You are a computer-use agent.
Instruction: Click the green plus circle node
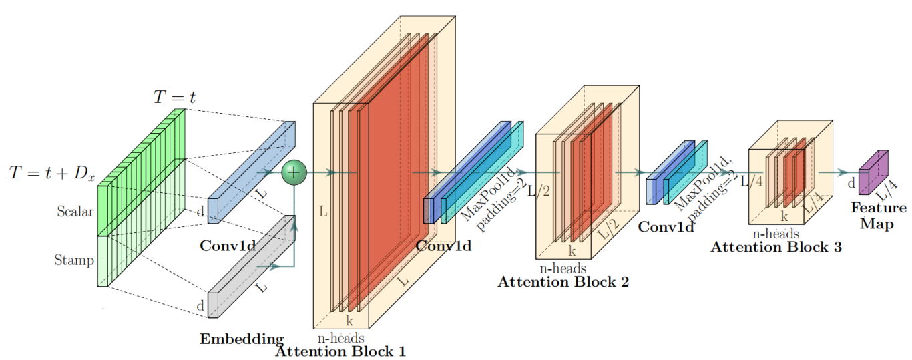294,172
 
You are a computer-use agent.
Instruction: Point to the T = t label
175,97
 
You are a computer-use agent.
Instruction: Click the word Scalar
75,212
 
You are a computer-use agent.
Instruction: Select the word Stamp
74,260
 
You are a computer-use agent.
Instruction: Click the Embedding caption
242,339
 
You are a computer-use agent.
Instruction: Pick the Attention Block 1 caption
340,351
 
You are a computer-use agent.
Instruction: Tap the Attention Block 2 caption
563,281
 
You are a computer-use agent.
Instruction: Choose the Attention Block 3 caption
776,247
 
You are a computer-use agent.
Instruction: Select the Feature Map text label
878,216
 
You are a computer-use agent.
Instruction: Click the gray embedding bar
252,264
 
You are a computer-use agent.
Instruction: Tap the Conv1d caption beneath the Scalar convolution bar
228,246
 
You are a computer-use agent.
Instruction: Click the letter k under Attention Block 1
349,320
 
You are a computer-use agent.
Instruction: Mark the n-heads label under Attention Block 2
562,268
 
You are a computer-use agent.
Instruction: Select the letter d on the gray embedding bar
200,306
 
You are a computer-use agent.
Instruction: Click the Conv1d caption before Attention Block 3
666,227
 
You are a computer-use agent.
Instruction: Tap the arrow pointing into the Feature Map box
845,172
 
